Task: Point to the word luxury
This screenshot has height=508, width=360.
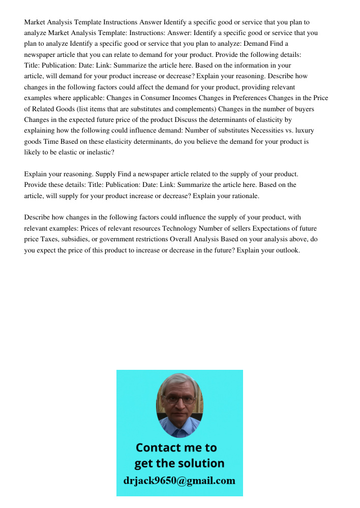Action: [304, 131]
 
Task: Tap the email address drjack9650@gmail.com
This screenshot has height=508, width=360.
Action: [179, 480]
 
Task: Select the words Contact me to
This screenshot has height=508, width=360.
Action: [176, 448]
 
